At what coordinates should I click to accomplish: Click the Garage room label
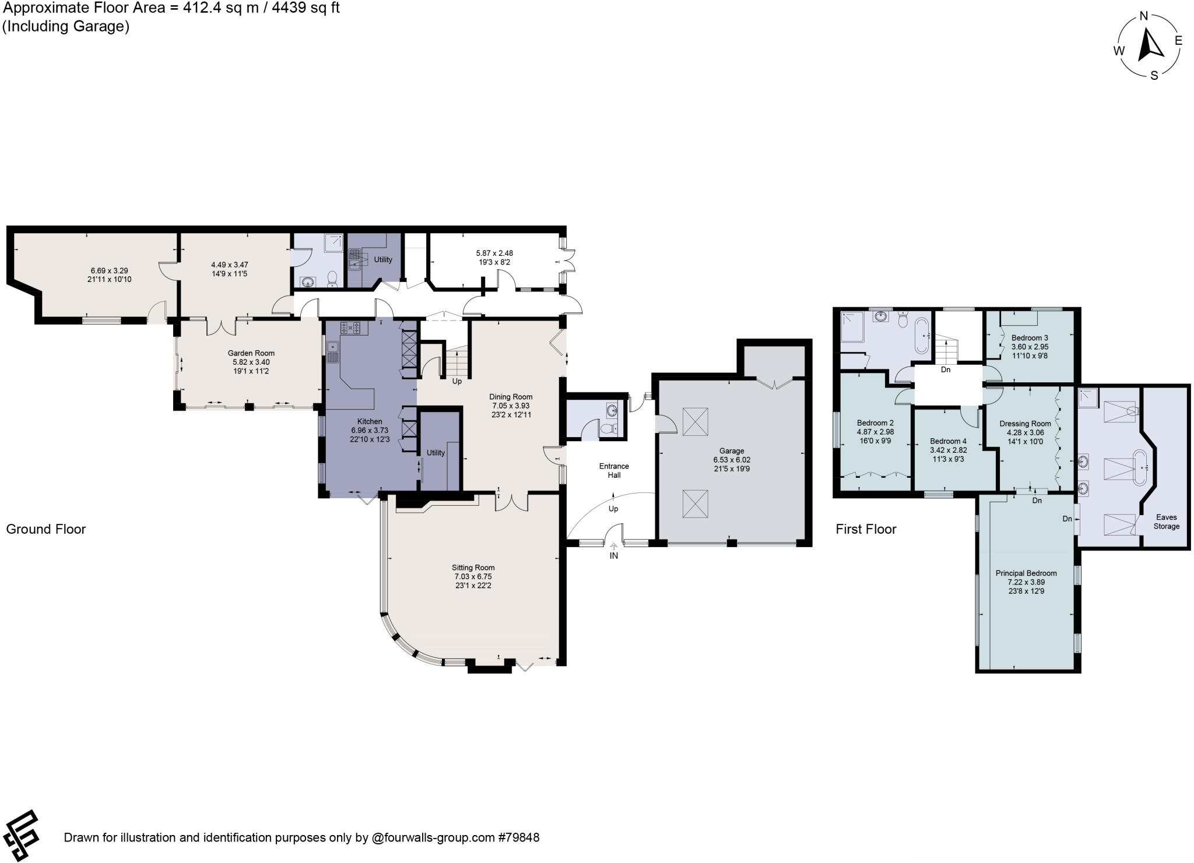[x=732, y=450]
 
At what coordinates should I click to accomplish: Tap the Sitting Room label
[x=473, y=568]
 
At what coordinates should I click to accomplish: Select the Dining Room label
[x=511, y=397]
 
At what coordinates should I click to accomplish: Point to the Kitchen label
[x=370, y=421]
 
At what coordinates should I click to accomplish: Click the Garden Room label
[x=251, y=353]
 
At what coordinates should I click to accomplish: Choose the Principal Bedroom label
[x=1026, y=573]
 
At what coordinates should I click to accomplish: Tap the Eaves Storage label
[x=1166, y=522]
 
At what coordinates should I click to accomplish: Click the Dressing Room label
[x=1025, y=424]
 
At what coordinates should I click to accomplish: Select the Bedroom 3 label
[x=1030, y=337]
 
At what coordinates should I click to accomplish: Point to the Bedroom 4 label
[x=948, y=441]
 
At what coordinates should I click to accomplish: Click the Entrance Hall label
[x=614, y=470]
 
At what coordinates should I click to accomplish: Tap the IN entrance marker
[x=613, y=556]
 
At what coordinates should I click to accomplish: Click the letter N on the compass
[x=1144, y=16]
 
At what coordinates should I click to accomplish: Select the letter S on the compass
[x=1154, y=75]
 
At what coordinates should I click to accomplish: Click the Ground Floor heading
[x=46, y=529]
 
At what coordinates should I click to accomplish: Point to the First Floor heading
[x=866, y=529]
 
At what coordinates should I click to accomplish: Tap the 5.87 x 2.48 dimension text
[x=494, y=253]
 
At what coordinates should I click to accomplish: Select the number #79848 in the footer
[x=518, y=838]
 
